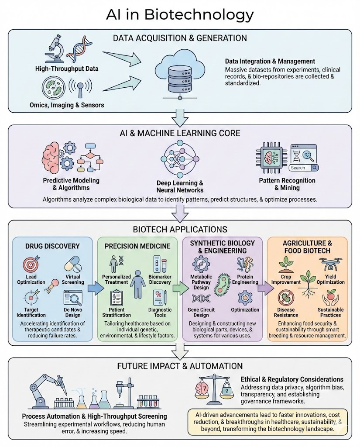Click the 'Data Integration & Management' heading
click(270, 62)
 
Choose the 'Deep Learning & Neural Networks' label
click(180, 186)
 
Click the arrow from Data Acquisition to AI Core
click(179, 117)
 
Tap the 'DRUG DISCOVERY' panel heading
click(52, 246)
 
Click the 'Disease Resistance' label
click(287, 312)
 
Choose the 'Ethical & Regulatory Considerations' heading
click(292, 379)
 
